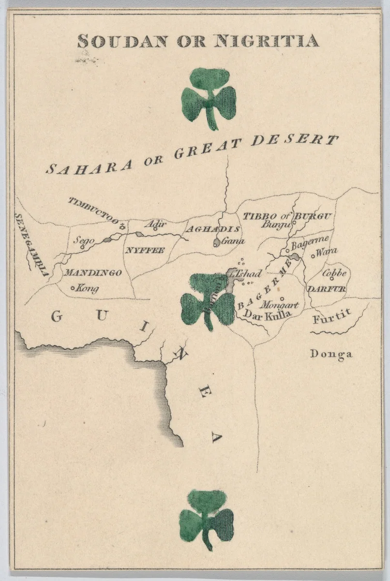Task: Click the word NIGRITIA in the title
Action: click(266, 41)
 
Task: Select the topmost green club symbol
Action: click(209, 97)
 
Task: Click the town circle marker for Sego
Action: click(82, 247)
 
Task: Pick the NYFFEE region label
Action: click(145, 250)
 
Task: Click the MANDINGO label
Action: click(93, 273)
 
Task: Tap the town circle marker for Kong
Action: click(73, 289)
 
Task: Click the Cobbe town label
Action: click(334, 274)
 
